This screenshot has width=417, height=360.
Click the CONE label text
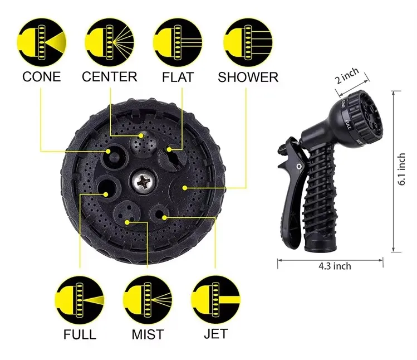(42, 76)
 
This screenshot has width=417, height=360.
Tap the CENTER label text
(110, 76)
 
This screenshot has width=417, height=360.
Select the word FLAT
(178, 76)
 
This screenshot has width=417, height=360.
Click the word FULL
(79, 334)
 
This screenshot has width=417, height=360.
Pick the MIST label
(148, 334)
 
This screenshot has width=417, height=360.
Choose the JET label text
(215, 334)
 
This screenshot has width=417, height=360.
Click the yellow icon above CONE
(42, 40)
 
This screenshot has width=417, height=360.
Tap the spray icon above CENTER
(110, 40)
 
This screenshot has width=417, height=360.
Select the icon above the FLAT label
(178, 40)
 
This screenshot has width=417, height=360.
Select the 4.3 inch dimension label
(330, 266)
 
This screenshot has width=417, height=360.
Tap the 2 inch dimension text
(347, 76)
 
